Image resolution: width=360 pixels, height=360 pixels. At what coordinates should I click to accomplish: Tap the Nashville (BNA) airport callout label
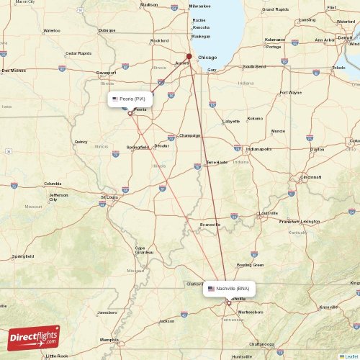click(x=228, y=288)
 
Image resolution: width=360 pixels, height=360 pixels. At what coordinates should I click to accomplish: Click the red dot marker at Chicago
click(x=189, y=56)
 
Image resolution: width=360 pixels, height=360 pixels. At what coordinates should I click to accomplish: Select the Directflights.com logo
click(x=35, y=337)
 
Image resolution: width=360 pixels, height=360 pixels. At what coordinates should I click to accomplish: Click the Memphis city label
click(x=109, y=339)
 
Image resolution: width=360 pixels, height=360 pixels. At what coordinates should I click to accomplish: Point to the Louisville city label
click(x=268, y=213)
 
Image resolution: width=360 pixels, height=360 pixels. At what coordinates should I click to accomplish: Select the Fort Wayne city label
click(x=291, y=92)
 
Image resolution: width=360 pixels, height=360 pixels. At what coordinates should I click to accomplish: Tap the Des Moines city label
click(x=13, y=71)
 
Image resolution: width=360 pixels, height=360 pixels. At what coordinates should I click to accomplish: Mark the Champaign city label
click(x=189, y=135)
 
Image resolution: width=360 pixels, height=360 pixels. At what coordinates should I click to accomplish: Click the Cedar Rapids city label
click(x=78, y=53)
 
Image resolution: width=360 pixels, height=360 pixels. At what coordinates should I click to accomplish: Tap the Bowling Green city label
click(x=250, y=265)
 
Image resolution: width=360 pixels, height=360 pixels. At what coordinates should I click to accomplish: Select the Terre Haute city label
click(x=217, y=162)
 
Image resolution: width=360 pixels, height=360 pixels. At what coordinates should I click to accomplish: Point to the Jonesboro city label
click(x=107, y=312)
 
